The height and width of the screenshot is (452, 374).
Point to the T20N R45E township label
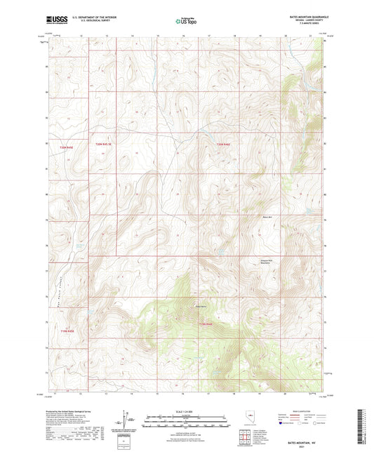tap(66, 147)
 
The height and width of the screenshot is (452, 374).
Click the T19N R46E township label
tap(204, 324)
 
